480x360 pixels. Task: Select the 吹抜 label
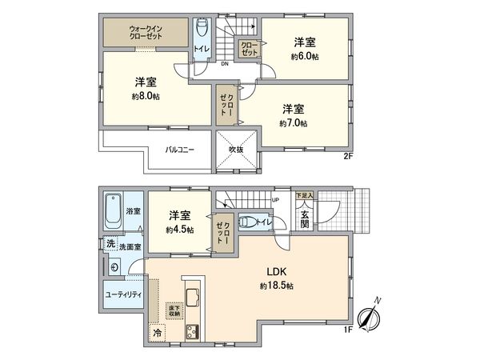pyautogui.click(x=235, y=148)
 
